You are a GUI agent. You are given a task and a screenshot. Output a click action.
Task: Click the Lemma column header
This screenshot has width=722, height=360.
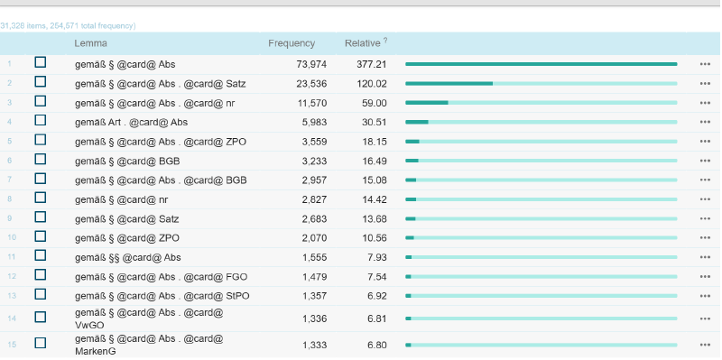pyautogui.click(x=91, y=43)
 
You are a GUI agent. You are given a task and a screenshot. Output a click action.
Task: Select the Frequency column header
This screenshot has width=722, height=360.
pyautogui.click(x=292, y=43)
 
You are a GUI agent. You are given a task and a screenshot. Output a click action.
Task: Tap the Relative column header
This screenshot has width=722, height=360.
pyautogui.click(x=363, y=43)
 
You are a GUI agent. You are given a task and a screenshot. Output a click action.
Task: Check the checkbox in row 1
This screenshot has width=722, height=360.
pyautogui.click(x=41, y=62)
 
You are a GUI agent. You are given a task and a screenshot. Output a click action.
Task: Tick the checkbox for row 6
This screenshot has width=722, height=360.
pyautogui.click(x=41, y=159)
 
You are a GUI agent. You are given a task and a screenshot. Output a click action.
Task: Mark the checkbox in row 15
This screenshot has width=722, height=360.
pyautogui.click(x=41, y=343)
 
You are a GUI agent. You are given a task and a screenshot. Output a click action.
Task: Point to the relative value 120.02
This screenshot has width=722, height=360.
pyautogui.click(x=372, y=84)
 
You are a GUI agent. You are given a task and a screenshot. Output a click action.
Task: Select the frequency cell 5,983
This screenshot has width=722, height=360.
pyautogui.click(x=314, y=123)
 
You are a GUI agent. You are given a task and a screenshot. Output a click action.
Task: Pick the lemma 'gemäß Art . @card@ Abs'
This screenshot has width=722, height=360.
pyautogui.click(x=131, y=123)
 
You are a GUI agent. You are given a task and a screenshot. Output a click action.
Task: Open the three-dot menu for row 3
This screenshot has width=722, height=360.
pyautogui.click(x=705, y=103)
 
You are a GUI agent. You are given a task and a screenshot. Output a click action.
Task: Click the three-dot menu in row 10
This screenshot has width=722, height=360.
pyautogui.click(x=705, y=238)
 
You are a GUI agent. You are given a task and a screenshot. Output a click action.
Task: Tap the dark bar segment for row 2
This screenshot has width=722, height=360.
pyautogui.click(x=449, y=84)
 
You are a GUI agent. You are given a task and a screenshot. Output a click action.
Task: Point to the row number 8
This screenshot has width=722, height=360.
pyautogui.click(x=10, y=199)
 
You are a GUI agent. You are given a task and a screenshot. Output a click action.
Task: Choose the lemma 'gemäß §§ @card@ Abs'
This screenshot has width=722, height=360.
pyautogui.click(x=128, y=257)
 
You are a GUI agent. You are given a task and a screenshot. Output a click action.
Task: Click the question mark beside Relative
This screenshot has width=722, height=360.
pyautogui.click(x=385, y=40)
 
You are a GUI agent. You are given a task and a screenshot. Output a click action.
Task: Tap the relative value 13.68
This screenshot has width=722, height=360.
pyautogui.click(x=375, y=218)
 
